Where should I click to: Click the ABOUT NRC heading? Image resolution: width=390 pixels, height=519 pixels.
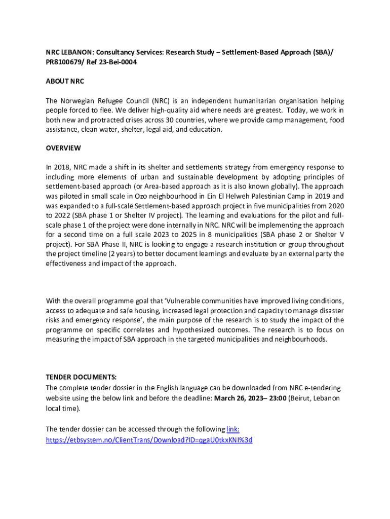pos(65,81)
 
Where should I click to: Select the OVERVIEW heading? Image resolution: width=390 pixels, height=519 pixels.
pos(63,149)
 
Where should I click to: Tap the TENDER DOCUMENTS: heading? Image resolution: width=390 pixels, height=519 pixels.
pos(81,378)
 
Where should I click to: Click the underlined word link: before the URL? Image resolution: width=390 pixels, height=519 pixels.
pos(233,429)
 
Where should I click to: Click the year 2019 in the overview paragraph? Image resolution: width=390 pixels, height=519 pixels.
pos(312,196)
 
